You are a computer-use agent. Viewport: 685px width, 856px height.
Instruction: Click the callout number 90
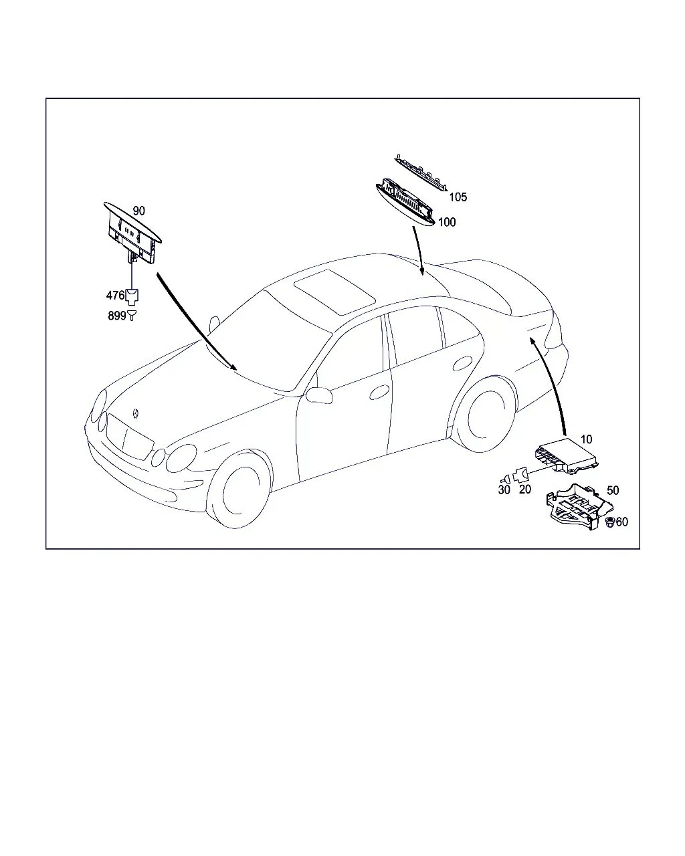click(138, 211)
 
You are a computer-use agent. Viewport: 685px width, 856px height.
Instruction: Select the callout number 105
click(458, 197)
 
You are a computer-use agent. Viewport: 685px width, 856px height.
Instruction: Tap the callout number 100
click(447, 222)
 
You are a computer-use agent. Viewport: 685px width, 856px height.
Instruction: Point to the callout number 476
click(116, 295)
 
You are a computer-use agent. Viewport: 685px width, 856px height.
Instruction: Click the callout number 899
click(117, 316)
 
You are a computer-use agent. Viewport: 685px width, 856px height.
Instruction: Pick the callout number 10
click(586, 439)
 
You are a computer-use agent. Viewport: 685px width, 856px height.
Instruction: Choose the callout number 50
click(613, 490)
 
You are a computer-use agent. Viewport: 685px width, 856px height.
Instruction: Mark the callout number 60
click(621, 522)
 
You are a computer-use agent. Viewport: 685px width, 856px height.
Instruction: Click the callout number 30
click(504, 490)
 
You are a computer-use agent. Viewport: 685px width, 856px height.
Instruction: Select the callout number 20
click(525, 490)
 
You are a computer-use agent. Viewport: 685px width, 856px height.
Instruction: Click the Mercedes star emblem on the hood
click(136, 413)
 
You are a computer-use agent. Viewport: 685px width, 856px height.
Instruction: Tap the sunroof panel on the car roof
click(334, 292)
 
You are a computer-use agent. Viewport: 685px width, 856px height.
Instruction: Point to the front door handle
click(379, 392)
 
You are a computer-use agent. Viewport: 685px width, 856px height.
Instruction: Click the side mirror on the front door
click(319, 395)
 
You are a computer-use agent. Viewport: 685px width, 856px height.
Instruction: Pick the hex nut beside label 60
click(609, 522)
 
